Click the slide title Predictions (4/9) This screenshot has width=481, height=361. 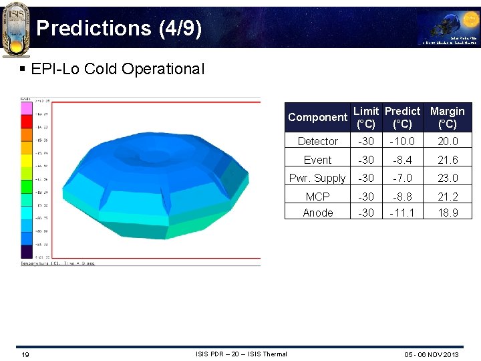pyautogui.click(x=118, y=28)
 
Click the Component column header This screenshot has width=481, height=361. pyautogui.click(x=317, y=117)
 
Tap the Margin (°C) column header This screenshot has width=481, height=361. pyautogui.click(x=447, y=117)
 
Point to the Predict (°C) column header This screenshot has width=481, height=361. pyautogui.click(x=402, y=117)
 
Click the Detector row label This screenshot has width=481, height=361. pyautogui.click(x=317, y=141)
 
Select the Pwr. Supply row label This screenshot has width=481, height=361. pyautogui.click(x=317, y=178)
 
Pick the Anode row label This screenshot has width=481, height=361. pyautogui.click(x=317, y=213)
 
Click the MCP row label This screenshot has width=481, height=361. pyautogui.click(x=317, y=197)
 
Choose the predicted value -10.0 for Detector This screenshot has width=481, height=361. pyautogui.click(x=402, y=141)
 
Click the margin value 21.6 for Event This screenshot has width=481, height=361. pyautogui.click(x=447, y=160)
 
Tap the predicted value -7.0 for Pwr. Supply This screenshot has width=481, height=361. pyautogui.click(x=402, y=178)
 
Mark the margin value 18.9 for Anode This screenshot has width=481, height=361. pyautogui.click(x=447, y=213)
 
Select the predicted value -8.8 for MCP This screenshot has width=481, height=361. pyautogui.click(x=402, y=197)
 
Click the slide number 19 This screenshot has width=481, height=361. pyautogui.click(x=24, y=354)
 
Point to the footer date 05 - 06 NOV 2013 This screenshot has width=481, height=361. pyautogui.click(x=431, y=354)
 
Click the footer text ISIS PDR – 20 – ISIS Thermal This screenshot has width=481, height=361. pyautogui.click(x=241, y=354)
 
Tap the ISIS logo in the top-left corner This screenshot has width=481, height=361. pyautogui.click(x=15, y=28)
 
